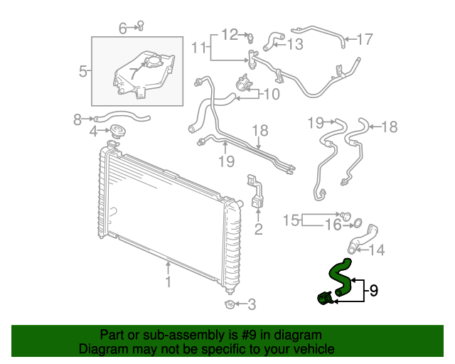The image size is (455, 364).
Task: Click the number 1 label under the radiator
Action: click(168, 282)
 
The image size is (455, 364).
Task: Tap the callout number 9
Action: click(373, 290)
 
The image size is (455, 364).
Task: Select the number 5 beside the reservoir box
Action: click(82, 71)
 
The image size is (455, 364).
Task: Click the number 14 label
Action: click(377, 250)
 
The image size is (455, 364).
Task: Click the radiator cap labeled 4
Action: click(117, 132)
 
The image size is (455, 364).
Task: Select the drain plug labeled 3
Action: click(229, 305)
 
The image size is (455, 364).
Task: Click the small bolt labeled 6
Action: click(141, 26)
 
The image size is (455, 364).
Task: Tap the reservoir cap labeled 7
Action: click(151, 61)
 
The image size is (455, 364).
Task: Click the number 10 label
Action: click(271, 94)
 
